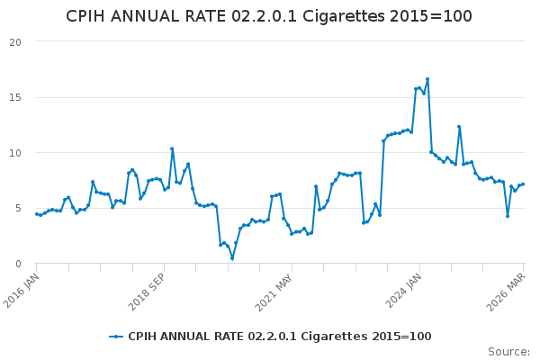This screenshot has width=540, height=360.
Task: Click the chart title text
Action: tap(269, 16)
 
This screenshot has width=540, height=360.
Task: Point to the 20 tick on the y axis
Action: tap(16, 41)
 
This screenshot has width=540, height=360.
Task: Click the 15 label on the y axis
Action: tap(16, 97)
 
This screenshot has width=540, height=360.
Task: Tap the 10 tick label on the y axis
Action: tap(16, 153)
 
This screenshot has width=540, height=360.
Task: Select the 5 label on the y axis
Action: tap(19, 209)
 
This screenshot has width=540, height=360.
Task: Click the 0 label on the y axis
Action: tap(19, 264)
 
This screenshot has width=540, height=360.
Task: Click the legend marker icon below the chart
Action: tap(116, 337)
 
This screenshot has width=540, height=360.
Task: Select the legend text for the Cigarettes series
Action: tap(279, 337)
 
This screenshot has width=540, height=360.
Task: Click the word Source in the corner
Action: tap(508, 352)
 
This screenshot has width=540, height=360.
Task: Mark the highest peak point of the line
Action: tap(427, 79)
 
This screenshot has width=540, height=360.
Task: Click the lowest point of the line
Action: tap(232, 258)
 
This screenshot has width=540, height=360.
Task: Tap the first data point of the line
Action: tap(37, 214)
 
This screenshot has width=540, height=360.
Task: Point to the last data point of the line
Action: tap(523, 184)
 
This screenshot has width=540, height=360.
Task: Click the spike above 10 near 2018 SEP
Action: tap(172, 148)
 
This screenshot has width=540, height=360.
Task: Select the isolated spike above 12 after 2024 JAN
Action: tap(459, 127)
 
